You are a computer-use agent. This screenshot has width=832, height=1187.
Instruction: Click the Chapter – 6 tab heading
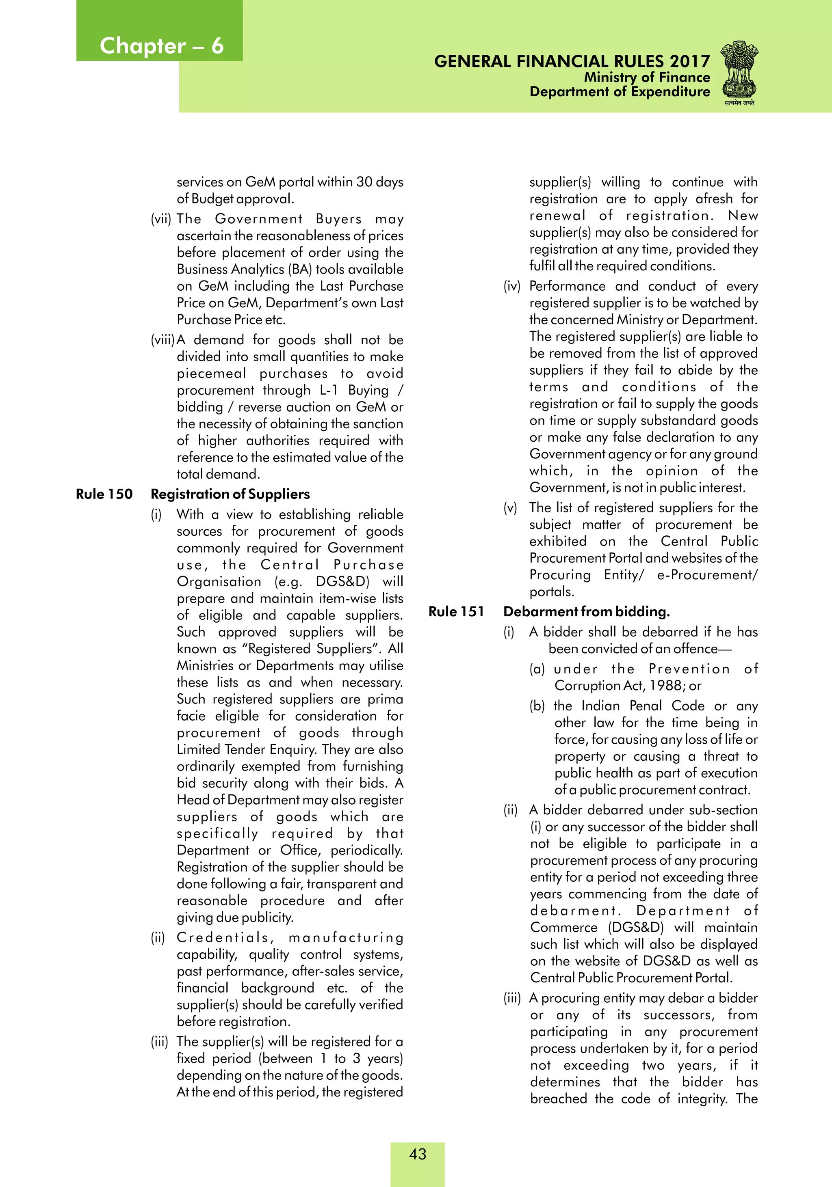click(x=161, y=45)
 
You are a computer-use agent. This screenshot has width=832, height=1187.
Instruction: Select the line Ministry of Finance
click(x=647, y=77)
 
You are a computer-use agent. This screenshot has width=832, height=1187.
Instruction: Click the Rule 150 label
click(x=104, y=494)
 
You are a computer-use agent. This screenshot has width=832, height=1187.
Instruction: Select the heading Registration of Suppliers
click(x=230, y=494)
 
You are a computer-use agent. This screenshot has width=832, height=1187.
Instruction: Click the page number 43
click(x=418, y=1153)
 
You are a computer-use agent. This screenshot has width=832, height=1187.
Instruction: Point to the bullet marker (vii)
click(x=160, y=219)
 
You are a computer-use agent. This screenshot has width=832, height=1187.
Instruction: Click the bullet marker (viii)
click(x=162, y=340)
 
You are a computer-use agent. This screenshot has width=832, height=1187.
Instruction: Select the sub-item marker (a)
click(x=537, y=669)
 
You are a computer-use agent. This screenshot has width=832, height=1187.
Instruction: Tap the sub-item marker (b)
click(x=537, y=706)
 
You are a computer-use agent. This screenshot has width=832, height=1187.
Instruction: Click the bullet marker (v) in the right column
click(x=510, y=508)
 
